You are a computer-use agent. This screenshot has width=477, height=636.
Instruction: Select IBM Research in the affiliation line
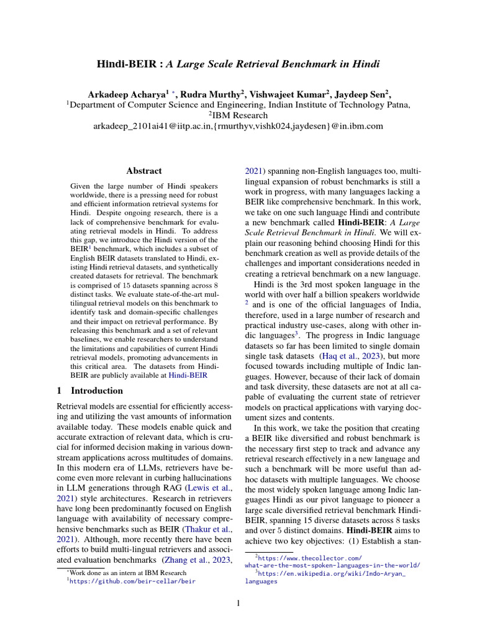(x=240, y=115)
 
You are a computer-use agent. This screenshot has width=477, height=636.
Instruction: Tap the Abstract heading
(x=144, y=170)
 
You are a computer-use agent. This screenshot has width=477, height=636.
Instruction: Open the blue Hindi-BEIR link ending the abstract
(x=188, y=376)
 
